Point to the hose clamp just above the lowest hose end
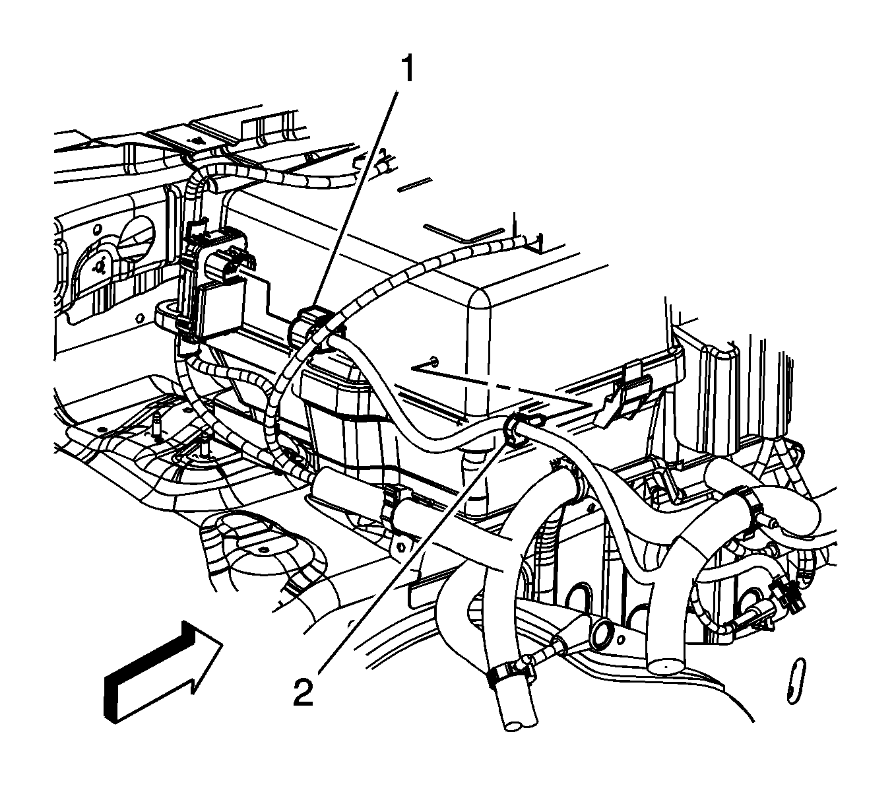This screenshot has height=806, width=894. tap(509, 673)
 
